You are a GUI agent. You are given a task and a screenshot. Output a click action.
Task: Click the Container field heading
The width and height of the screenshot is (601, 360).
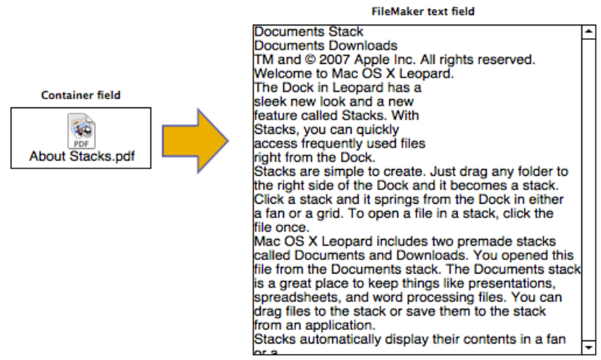(80, 95)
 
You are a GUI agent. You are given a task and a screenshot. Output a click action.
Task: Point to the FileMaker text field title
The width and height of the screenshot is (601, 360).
(424, 12)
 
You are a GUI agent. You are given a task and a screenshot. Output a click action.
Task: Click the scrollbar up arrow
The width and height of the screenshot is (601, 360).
(588, 32)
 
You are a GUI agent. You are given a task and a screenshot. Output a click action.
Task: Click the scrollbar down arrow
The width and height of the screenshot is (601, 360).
(588, 346)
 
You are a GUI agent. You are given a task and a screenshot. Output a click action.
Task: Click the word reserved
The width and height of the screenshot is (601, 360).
(504, 59)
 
